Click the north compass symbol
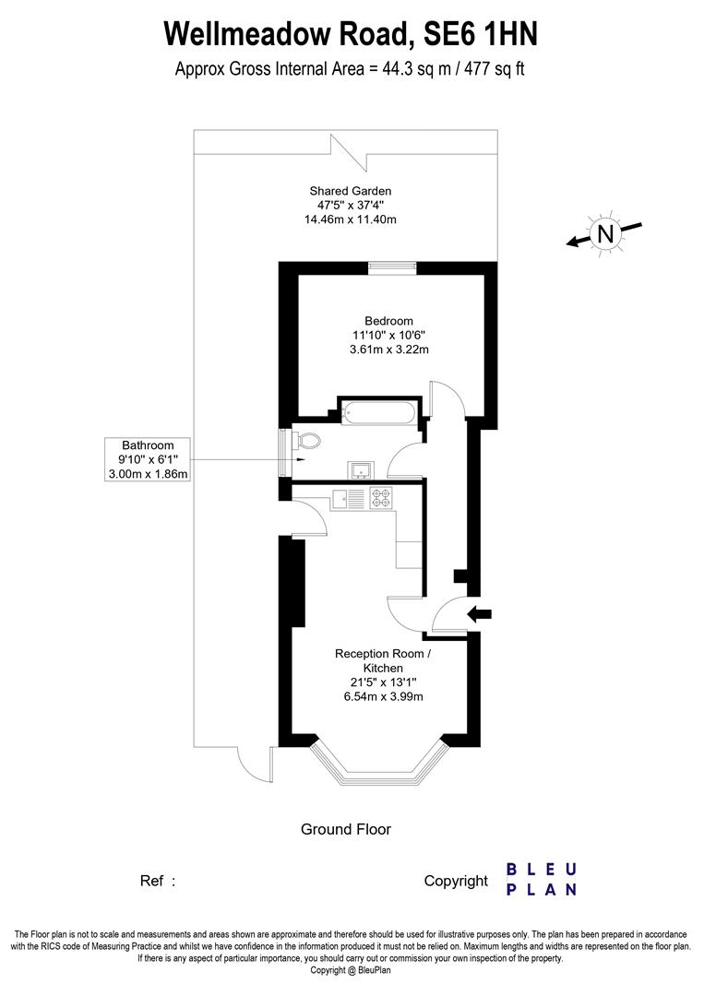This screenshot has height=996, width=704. (605, 234)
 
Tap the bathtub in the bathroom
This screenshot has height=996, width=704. (379, 412)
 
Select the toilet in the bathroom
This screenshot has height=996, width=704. (308, 442)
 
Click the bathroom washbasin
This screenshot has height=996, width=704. (359, 470)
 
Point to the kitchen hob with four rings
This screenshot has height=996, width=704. (381, 498)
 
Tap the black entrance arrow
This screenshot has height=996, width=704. (480, 613)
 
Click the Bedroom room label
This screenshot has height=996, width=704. (388, 321)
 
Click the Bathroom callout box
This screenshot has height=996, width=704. (148, 459)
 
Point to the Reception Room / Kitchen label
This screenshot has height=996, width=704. (382, 660)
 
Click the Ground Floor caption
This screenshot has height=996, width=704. (346, 829)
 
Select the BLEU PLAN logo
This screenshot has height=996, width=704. (542, 880)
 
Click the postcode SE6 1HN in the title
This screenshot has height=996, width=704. (480, 34)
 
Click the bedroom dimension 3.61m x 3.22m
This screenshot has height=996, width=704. (388, 350)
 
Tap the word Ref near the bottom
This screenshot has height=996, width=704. (152, 881)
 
